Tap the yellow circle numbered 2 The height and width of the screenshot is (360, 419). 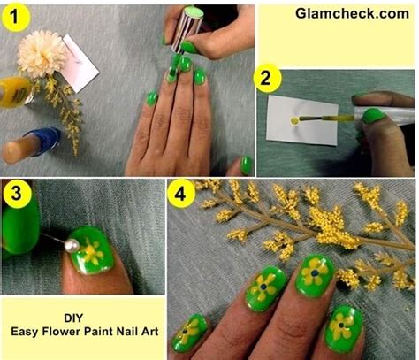click(264, 79)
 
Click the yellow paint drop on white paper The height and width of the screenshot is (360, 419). click(293, 118)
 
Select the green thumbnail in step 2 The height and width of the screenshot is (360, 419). click(375, 115)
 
